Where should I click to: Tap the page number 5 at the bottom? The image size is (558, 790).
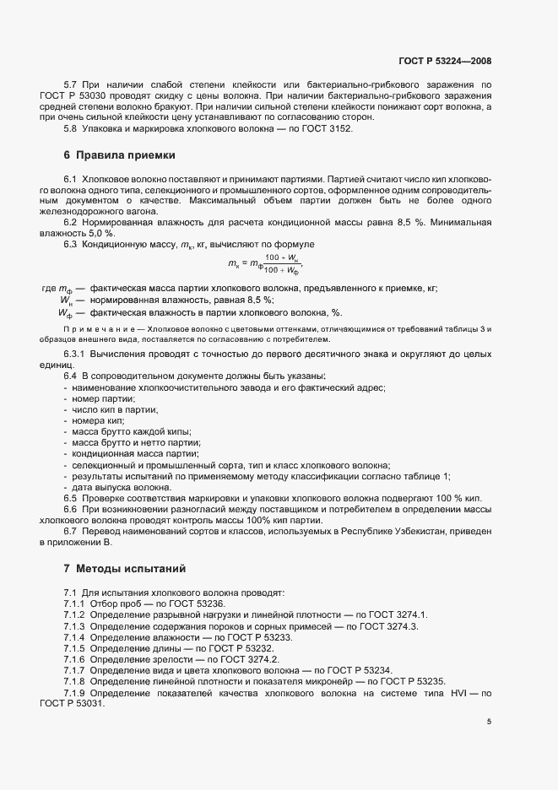coord(490,722)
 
